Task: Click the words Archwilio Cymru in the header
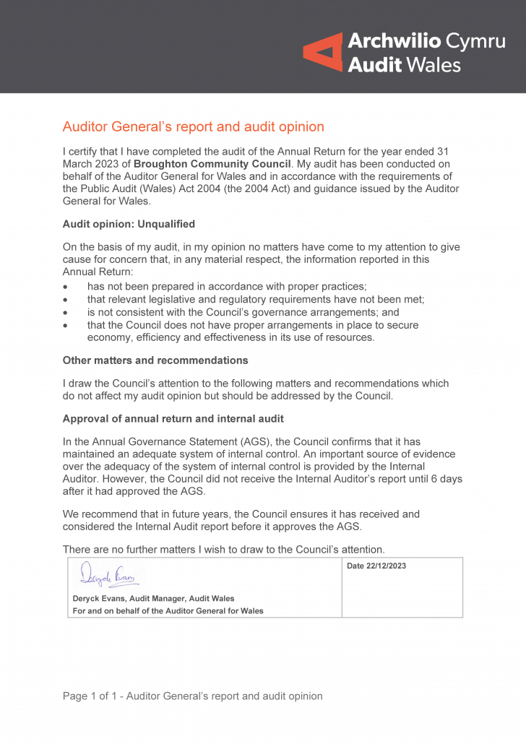[426, 40]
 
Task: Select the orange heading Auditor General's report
[193, 127]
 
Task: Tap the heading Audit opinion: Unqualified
[129, 224]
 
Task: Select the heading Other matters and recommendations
[155, 360]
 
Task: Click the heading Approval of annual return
[173, 419]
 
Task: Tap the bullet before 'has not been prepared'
[66, 287]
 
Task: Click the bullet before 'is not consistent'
[66, 313]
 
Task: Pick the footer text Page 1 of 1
[192, 696]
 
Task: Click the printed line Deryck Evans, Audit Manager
[153, 598]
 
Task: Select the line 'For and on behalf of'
[168, 611]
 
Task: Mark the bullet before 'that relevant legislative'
[66, 300]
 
